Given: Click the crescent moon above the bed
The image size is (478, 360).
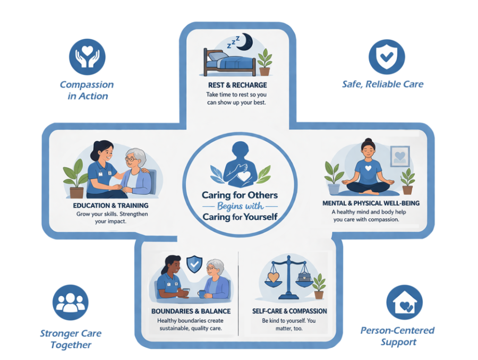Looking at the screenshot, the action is [247, 42].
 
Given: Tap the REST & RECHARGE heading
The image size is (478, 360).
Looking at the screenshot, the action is [237, 85].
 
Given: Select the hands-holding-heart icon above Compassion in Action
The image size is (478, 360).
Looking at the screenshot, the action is [87, 57].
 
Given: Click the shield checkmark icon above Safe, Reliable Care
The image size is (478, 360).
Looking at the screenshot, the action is [387, 57].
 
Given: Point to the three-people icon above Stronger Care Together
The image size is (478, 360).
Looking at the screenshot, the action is [71, 302].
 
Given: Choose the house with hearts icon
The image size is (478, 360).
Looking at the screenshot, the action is [405, 302].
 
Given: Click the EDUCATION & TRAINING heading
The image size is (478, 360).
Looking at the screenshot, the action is [110, 205].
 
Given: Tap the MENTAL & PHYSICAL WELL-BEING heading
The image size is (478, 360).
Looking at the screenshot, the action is [371, 203].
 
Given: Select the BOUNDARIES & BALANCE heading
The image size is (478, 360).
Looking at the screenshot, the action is [191, 311].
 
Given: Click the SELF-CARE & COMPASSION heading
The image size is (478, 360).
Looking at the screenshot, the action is [289, 311].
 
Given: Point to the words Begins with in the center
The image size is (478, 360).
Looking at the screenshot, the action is [240, 207].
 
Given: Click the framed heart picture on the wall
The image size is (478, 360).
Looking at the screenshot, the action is [400, 156].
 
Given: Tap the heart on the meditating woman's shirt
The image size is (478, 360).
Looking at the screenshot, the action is [368, 168].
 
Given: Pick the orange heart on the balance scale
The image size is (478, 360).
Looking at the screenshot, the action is [273, 277].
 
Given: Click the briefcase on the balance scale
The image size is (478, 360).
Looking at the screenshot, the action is [304, 277].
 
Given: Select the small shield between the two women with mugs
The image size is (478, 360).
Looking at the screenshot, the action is [194, 264].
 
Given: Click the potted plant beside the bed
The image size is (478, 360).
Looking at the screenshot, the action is [264, 62].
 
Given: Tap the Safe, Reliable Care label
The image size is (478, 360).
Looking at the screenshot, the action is [382, 84].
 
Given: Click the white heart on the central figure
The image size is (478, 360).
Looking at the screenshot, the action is [244, 176].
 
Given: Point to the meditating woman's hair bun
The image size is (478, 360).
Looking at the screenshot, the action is [368, 141].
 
